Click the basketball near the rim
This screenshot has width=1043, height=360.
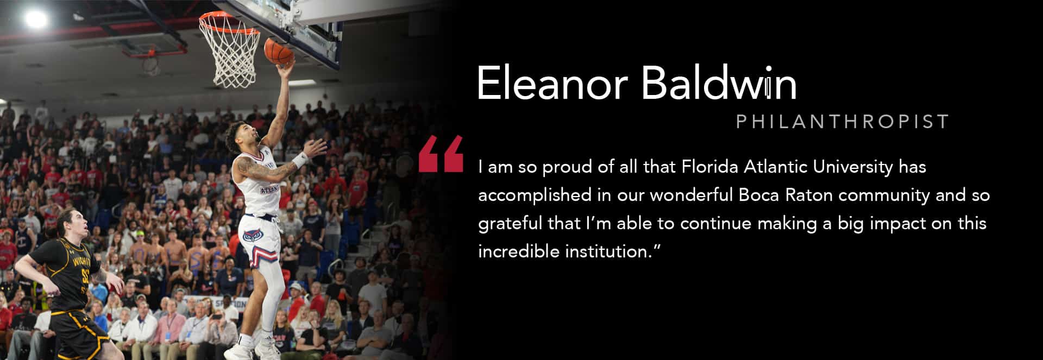pyautogui.click(x=279, y=52)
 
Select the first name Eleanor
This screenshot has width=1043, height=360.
pyautogui.click(x=552, y=84)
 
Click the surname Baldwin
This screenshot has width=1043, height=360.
pyautogui.click(x=719, y=83)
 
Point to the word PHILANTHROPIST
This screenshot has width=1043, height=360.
pyautogui.click(x=842, y=121)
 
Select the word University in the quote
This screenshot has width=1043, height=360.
pyautogui.click(x=853, y=167)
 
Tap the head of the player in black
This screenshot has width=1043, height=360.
pyautogui.click(x=73, y=226)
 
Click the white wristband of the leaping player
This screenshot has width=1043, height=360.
pyautogui.click(x=300, y=160)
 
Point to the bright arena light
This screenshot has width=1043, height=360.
pyautogui.click(x=36, y=18)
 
